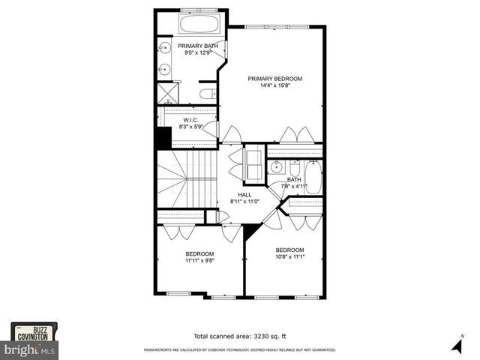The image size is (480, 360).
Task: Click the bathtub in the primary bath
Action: point(199,24)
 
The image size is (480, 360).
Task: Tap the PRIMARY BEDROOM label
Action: point(274,79)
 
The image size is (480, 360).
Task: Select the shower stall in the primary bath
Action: point(166,94)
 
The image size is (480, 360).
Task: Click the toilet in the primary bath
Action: point(208,94)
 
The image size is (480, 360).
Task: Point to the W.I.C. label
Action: point(190,119)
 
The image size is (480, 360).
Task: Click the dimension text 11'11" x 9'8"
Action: point(200,261)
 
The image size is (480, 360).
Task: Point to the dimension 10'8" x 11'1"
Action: point(289,256)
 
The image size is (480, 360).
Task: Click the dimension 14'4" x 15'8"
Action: point(274,85)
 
